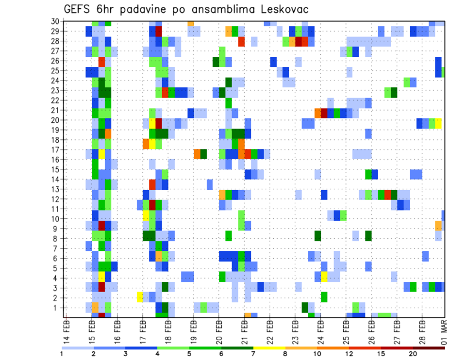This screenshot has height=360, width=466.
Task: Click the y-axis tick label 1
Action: click(56, 307)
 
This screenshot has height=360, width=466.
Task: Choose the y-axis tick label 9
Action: click(56, 229)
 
